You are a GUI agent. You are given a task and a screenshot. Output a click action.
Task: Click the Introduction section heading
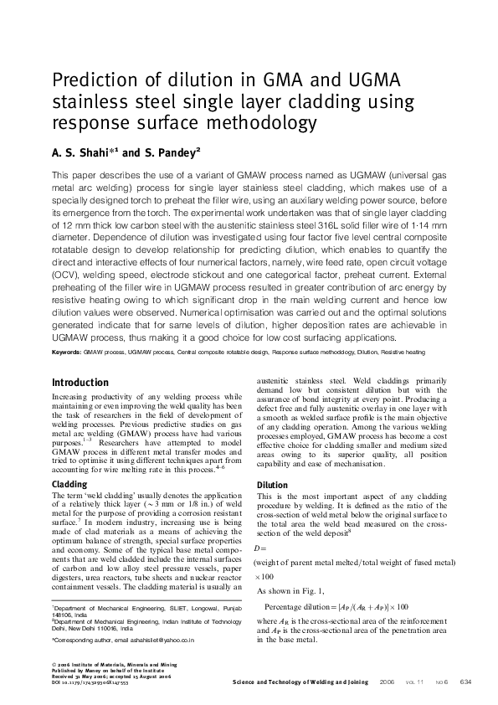[x=85, y=383]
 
